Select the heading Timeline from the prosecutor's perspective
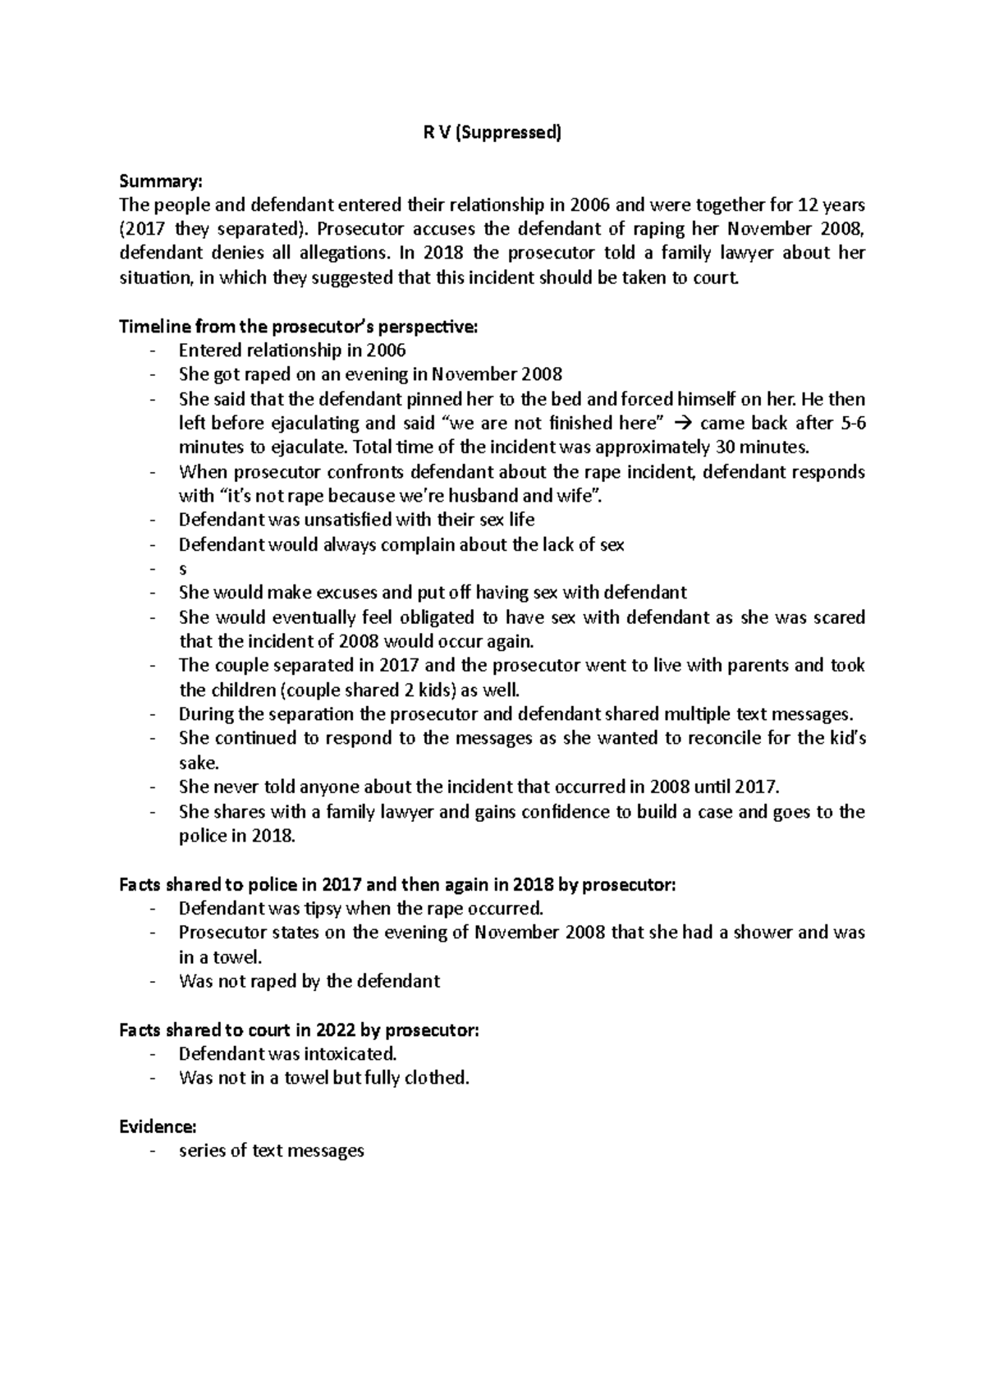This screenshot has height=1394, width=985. tap(297, 327)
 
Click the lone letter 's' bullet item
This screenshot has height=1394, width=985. tap(183, 569)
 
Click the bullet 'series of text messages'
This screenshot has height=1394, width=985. tap(271, 1150)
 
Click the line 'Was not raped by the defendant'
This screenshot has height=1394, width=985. tap(309, 981)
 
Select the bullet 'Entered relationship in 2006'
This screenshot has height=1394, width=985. tap(292, 351)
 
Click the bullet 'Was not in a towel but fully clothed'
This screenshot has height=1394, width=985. tap(324, 1078)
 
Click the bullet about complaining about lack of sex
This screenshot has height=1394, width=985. tap(401, 544)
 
